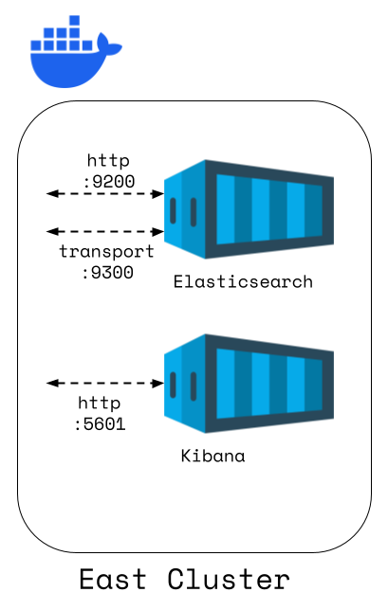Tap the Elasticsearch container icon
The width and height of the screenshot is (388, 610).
tap(249, 208)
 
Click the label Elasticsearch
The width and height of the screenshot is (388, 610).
tap(243, 282)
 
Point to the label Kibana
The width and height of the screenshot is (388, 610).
tap(212, 456)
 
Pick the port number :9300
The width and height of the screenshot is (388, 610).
tap(107, 271)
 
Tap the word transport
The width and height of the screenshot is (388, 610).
tap(106, 251)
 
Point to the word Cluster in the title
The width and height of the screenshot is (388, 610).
tap(228, 579)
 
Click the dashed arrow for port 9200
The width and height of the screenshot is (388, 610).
tap(105, 194)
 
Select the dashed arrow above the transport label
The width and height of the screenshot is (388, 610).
tap(105, 231)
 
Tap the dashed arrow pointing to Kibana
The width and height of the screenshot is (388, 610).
tap(105, 384)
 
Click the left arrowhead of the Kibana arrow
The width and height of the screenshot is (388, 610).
tap(51, 384)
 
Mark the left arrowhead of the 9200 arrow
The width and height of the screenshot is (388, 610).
tap(51, 194)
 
